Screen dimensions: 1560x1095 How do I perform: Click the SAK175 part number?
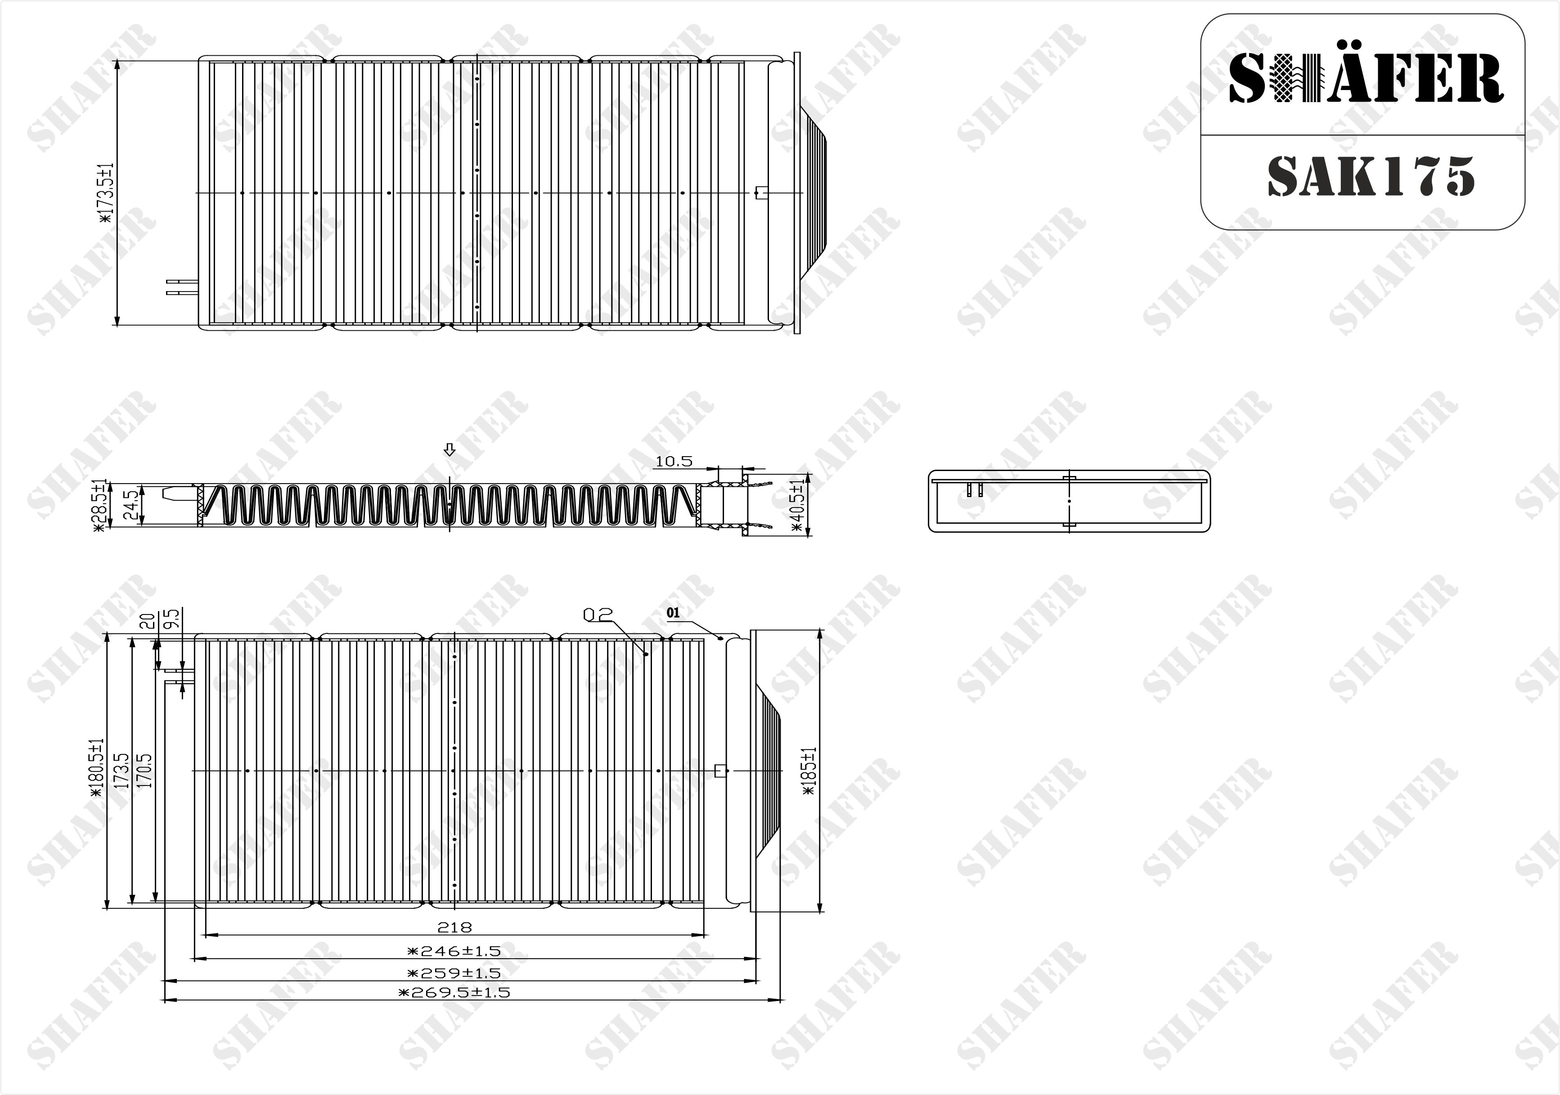[1371, 176]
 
